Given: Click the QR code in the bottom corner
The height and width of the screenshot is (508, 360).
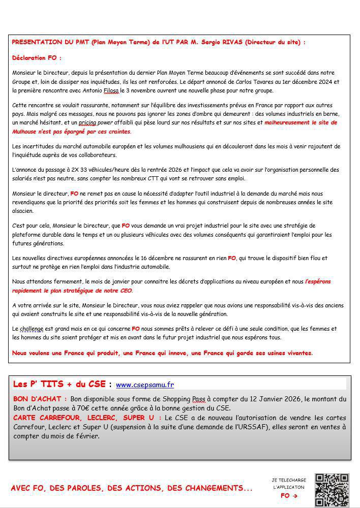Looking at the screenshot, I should (332, 490).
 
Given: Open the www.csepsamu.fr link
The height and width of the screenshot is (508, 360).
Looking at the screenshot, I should (145, 385).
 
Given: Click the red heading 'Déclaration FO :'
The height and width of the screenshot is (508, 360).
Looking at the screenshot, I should (37, 58).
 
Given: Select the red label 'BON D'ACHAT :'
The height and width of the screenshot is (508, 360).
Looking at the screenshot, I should (40, 399).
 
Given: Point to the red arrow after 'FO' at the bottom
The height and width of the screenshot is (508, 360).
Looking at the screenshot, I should (295, 496).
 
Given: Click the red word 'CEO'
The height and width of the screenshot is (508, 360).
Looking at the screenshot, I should (125, 291).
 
